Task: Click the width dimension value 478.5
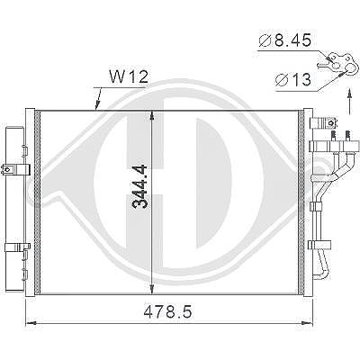(x=167, y=312)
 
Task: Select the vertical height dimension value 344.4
(x=139, y=186)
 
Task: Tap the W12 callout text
(x=129, y=76)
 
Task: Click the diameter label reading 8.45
(x=285, y=40)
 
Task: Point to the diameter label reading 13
(x=293, y=80)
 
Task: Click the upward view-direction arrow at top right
(x=349, y=101)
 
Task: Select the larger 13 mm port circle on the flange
(x=350, y=69)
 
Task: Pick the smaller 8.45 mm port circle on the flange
(x=336, y=66)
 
